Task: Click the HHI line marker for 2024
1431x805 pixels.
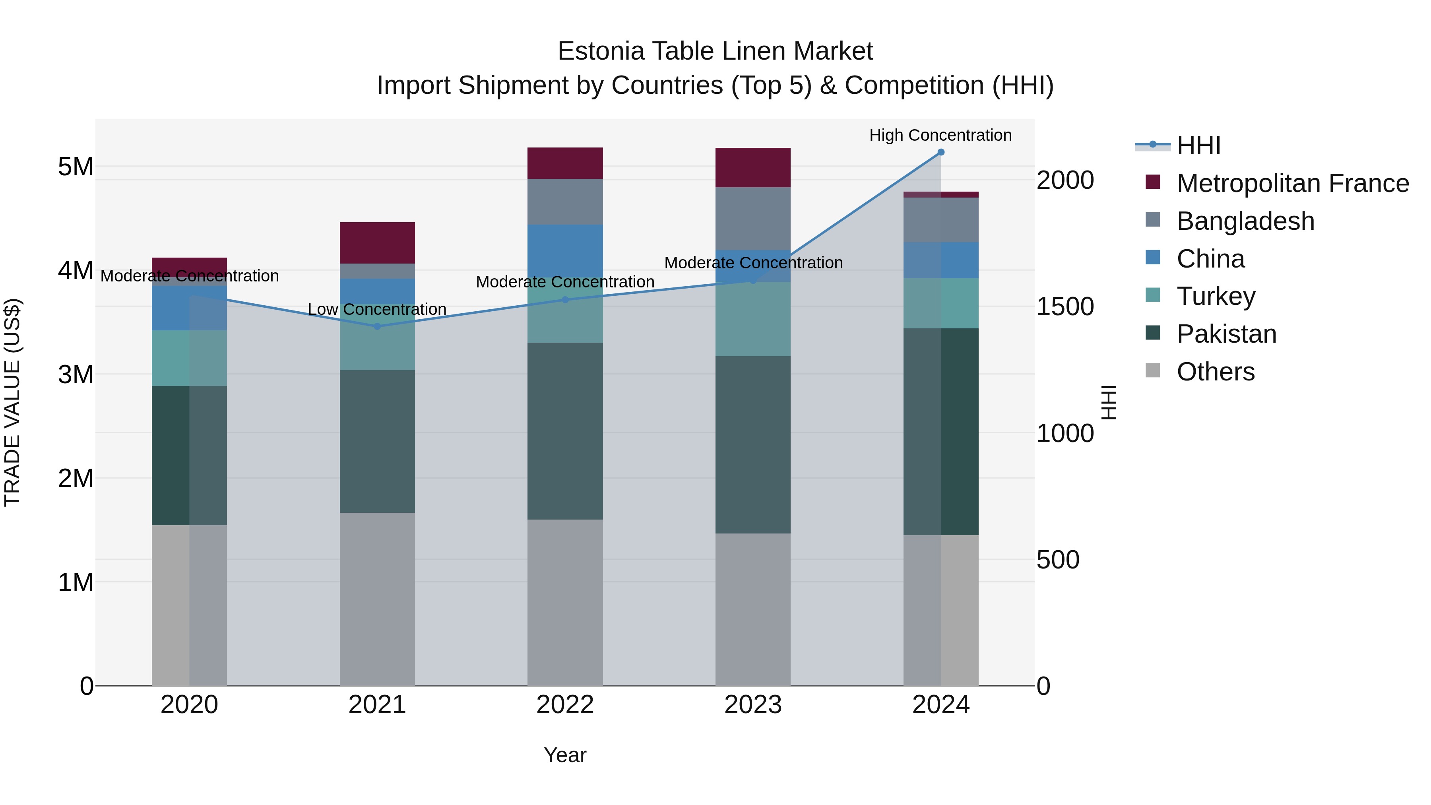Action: point(940,152)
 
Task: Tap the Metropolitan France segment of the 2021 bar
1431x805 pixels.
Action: point(377,243)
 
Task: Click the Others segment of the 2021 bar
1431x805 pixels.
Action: point(377,599)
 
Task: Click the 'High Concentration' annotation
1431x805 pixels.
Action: point(940,135)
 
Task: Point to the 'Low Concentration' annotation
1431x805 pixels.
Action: point(377,309)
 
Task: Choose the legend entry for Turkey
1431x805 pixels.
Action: point(1216,296)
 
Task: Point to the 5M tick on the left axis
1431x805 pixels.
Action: point(76,167)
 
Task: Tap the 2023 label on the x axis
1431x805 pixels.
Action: point(753,705)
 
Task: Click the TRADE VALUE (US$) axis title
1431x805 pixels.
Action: point(12,402)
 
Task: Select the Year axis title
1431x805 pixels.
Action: point(565,755)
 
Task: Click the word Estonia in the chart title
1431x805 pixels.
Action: point(601,51)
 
